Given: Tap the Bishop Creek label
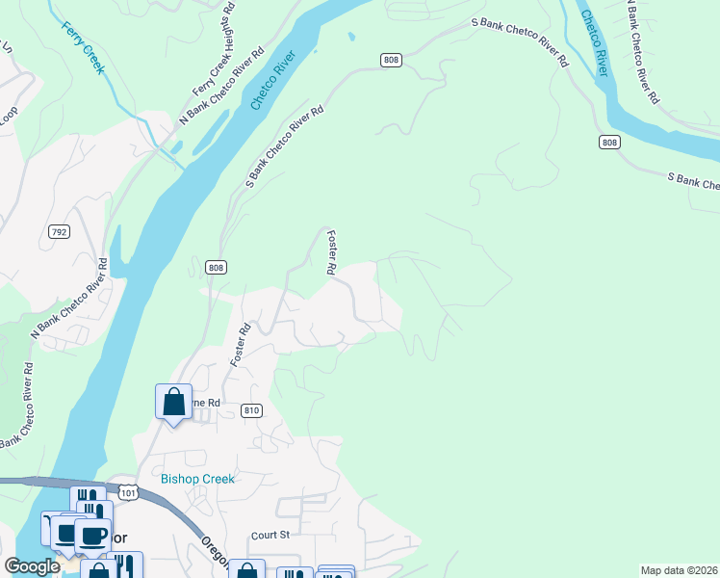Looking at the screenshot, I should click(x=197, y=479).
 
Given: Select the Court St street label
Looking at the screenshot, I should click(x=270, y=535).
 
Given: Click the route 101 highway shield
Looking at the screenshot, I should click(x=131, y=493).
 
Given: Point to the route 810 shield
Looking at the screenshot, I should click(x=251, y=410).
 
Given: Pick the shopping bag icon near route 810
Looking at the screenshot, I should click(x=173, y=402).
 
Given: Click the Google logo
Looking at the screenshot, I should click(x=32, y=566).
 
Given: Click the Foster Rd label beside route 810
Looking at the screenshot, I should click(x=240, y=345).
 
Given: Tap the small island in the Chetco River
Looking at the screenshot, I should click(x=350, y=39).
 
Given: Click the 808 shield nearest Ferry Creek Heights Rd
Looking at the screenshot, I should click(x=390, y=60).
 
